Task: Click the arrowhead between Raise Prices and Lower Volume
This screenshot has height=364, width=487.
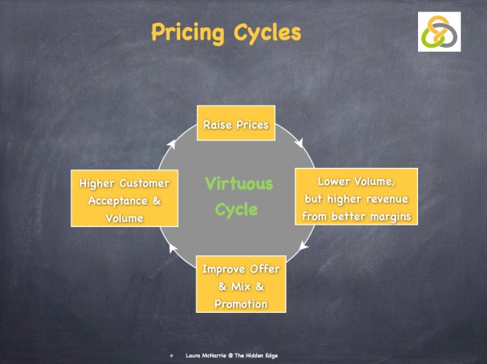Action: tap(300, 143)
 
